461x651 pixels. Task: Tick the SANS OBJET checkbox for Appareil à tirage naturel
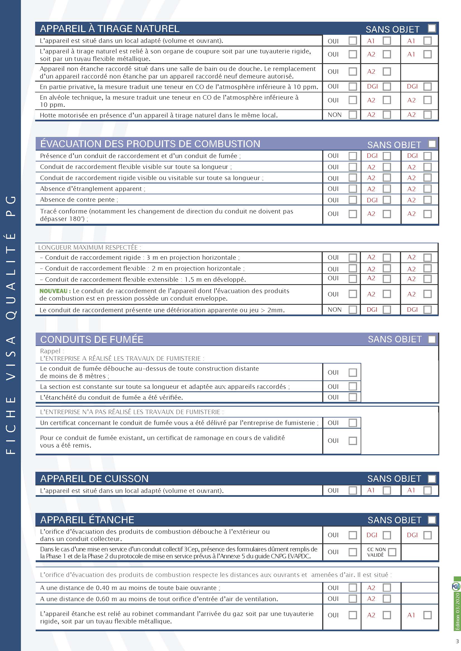click(432, 28)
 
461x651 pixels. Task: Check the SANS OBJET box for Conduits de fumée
click(432, 339)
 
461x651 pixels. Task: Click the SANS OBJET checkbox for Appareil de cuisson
click(432, 479)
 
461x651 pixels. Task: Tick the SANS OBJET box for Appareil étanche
click(432, 520)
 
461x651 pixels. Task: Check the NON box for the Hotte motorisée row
click(353, 115)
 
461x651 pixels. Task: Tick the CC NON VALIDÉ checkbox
click(392, 552)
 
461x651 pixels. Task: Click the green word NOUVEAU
click(53, 291)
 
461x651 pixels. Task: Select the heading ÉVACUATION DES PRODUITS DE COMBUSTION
click(150, 144)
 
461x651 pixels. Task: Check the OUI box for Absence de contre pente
click(353, 200)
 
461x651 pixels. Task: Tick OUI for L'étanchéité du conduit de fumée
click(353, 397)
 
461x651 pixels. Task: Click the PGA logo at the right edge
click(456, 587)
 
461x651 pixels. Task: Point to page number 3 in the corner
click(457, 641)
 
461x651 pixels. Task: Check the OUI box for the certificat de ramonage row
click(353, 441)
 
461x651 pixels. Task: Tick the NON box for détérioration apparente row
click(353, 309)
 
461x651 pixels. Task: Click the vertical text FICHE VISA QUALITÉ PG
click(11, 325)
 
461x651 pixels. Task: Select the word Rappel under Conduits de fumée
click(50, 351)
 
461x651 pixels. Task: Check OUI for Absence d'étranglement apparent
click(353, 189)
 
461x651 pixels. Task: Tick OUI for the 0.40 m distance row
click(353, 588)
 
